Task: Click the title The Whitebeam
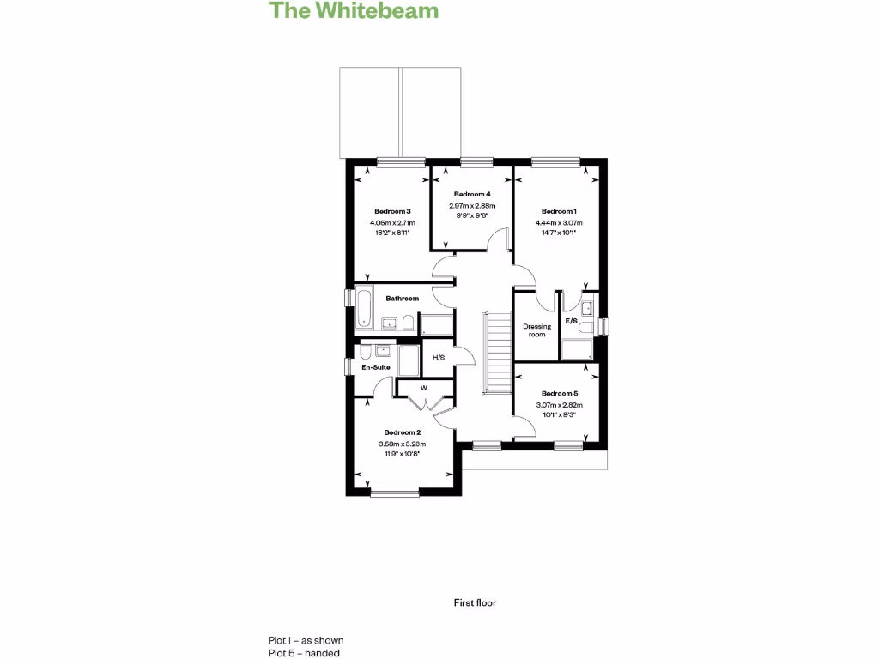353,10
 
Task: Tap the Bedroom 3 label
392,211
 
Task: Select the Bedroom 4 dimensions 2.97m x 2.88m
472,206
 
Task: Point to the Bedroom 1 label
559,211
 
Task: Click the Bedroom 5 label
560,393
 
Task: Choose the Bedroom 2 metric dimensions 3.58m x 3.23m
403,444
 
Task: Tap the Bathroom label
402,298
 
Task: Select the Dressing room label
537,330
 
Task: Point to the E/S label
571,321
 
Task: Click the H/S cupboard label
439,358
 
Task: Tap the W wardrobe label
424,388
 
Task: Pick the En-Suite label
376,367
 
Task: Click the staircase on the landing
497,353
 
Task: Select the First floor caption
475,602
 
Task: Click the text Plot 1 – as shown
306,640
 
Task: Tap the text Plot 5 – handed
303,653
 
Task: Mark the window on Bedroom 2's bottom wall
395,492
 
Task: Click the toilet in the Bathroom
408,323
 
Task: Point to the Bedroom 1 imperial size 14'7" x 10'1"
559,233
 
